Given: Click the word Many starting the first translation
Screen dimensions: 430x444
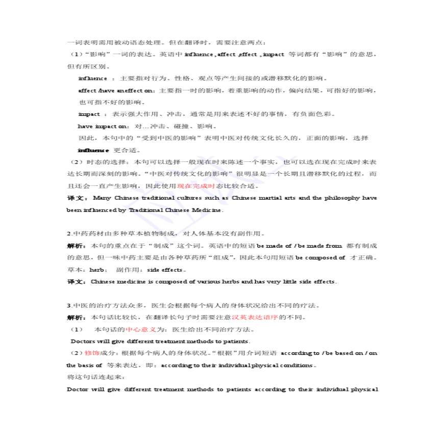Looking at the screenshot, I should (x=102, y=198).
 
